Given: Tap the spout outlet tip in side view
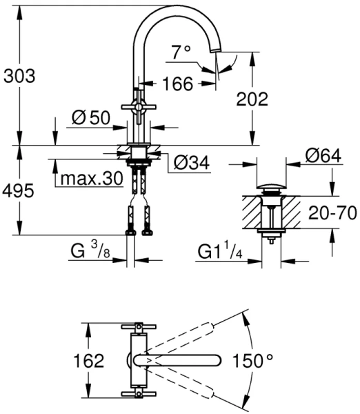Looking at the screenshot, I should (x=216, y=54).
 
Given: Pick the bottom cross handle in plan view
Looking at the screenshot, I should (x=138, y=395).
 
